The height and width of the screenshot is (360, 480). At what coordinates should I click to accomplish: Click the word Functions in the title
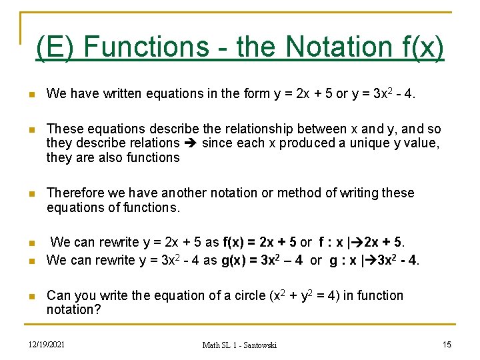click(x=146, y=47)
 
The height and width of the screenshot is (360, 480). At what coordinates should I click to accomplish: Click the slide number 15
click(x=447, y=343)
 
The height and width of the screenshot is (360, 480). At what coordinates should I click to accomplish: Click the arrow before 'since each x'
click(x=191, y=143)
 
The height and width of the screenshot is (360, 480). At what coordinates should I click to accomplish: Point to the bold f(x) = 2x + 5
click(x=260, y=241)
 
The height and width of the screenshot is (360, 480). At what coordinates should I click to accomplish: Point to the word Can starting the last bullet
click(x=58, y=295)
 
